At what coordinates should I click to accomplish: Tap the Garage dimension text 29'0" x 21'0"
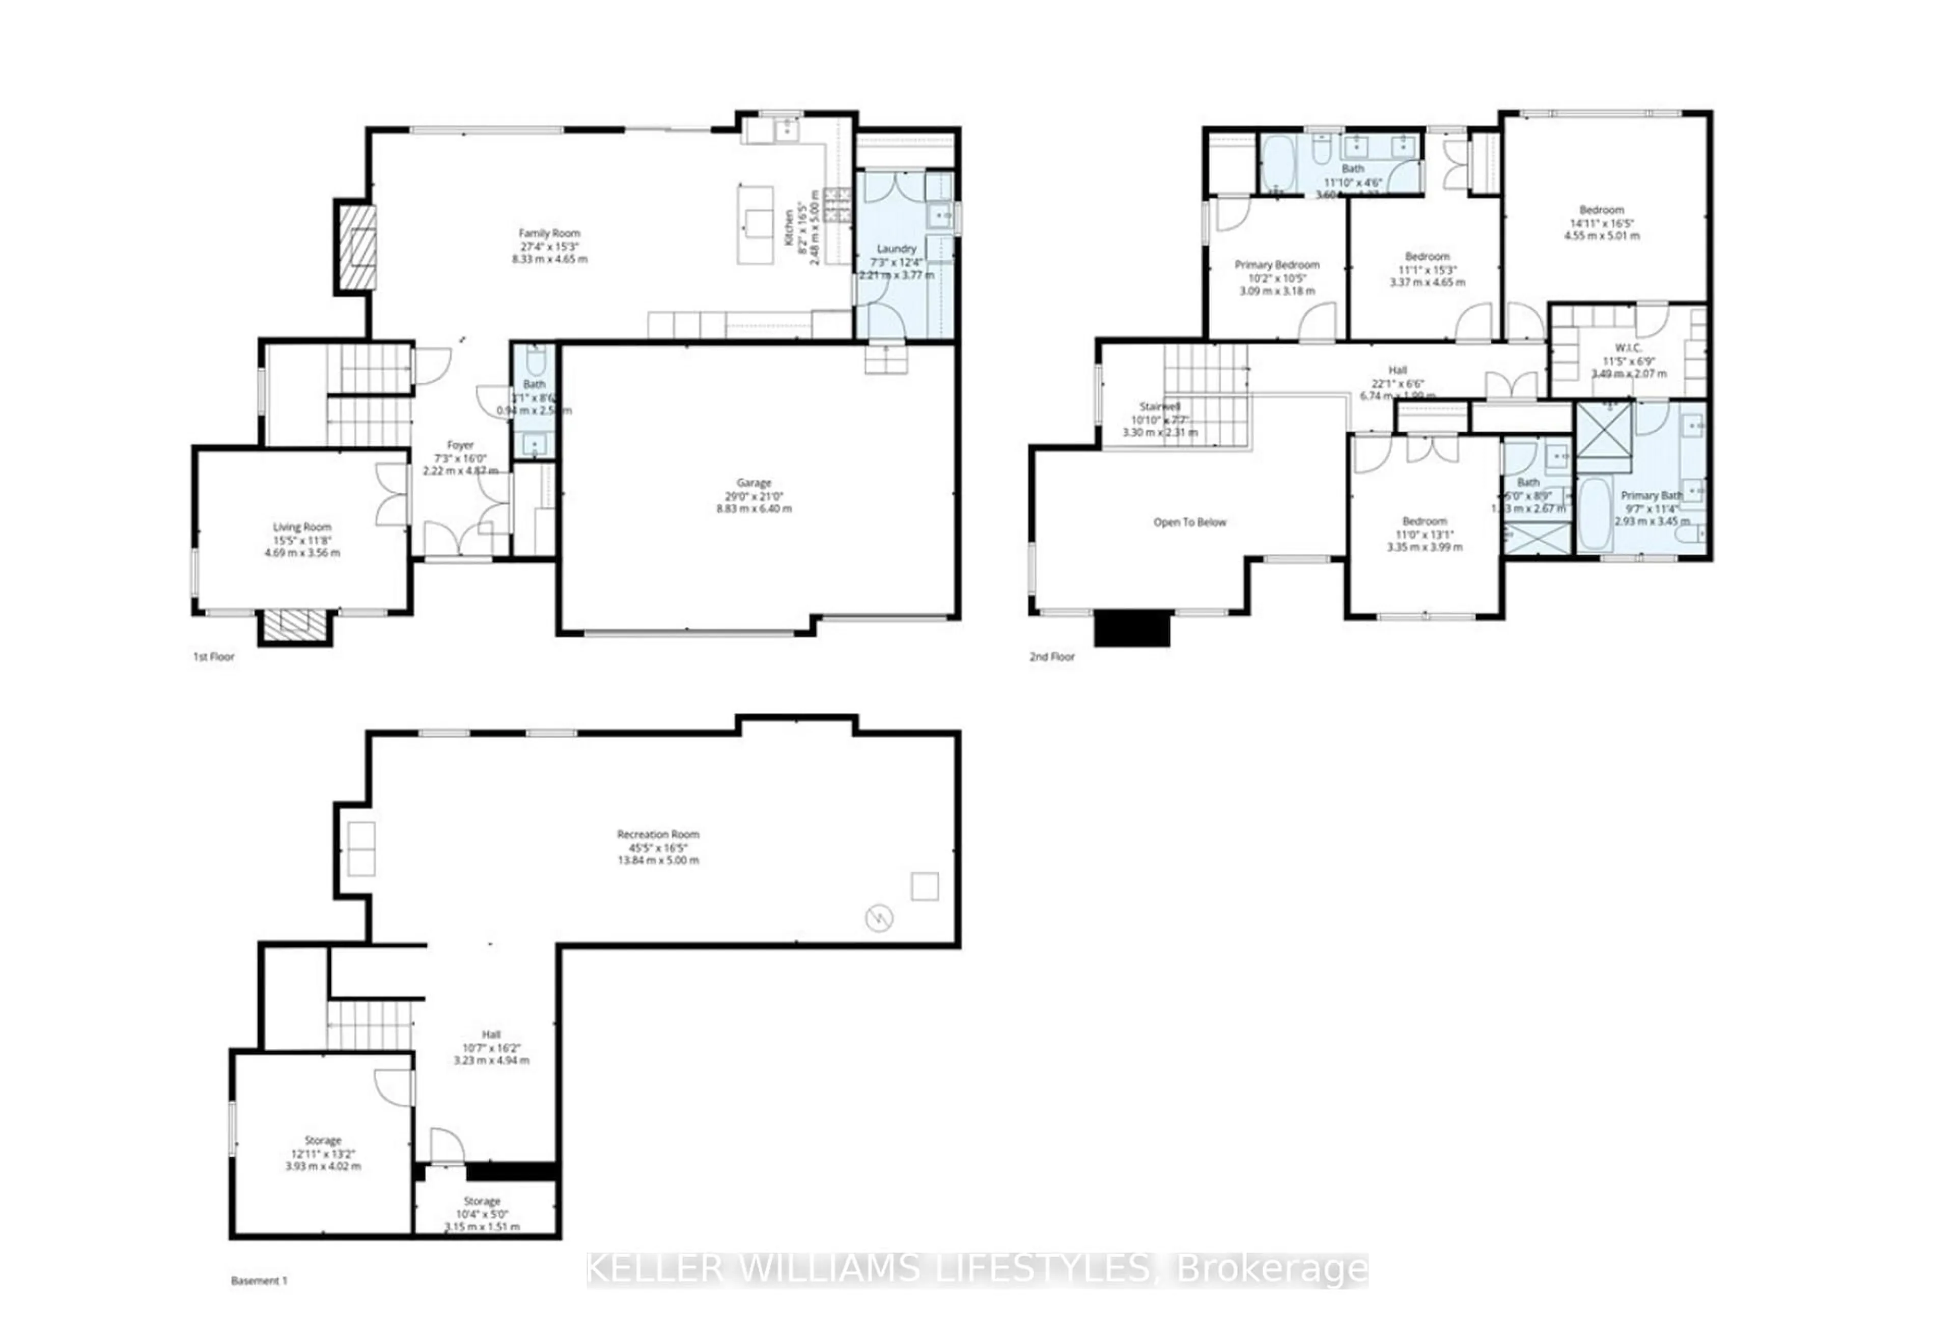(753, 496)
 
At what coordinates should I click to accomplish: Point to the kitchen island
(756, 224)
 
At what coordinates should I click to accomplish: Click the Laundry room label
(896, 249)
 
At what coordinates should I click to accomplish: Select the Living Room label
(302, 526)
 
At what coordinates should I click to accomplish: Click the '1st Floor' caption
(214, 657)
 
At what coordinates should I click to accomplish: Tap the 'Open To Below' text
(1189, 522)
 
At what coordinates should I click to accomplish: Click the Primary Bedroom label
(1276, 265)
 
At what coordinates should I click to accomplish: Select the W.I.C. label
(1628, 347)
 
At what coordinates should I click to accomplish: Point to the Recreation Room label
(658, 834)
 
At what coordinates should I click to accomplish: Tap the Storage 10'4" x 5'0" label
(482, 1201)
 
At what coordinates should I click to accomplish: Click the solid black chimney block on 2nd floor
(1131, 628)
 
